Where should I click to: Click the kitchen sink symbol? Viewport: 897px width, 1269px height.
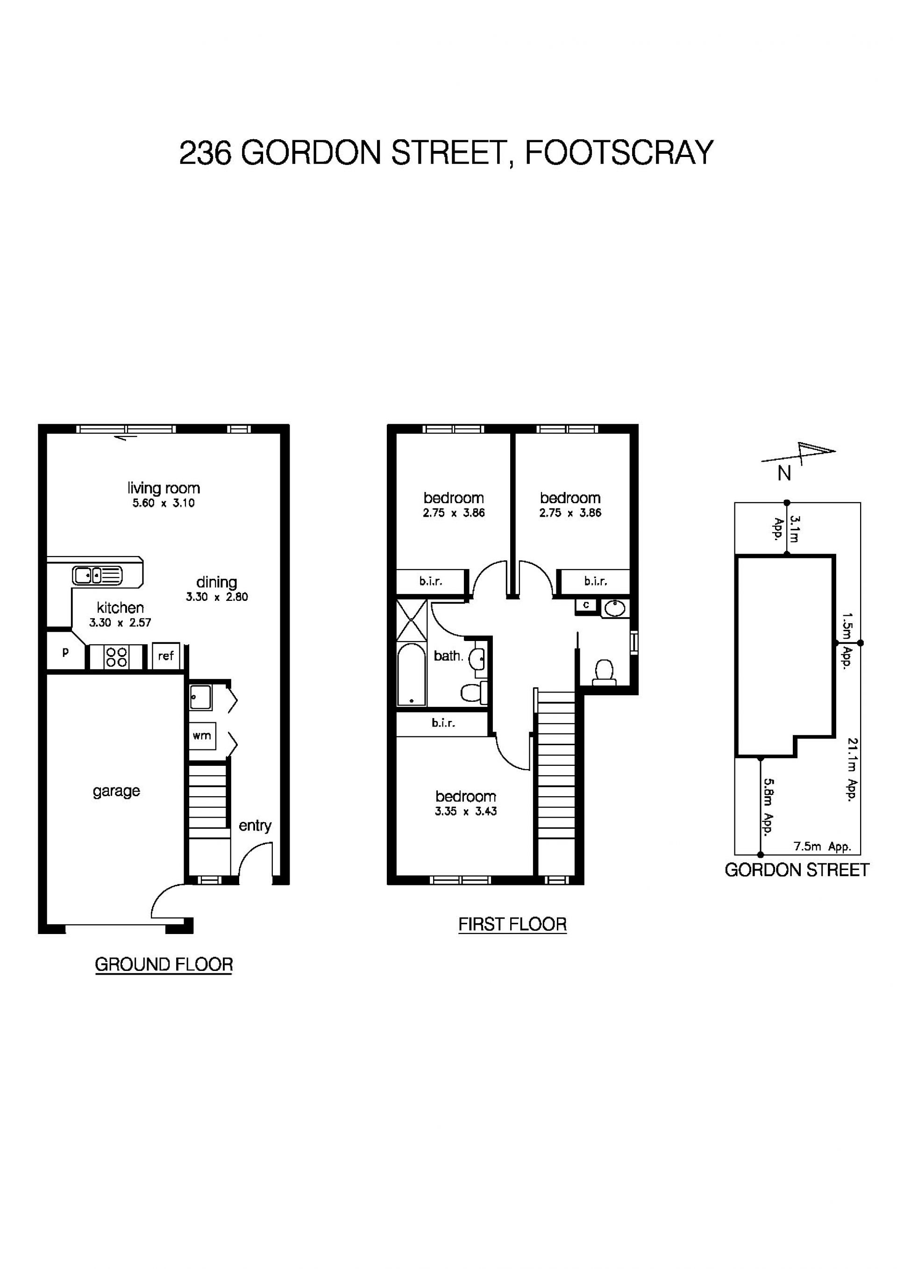pyautogui.click(x=97, y=575)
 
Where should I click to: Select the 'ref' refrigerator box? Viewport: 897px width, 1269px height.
pyautogui.click(x=166, y=656)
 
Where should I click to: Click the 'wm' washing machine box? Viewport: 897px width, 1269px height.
pyautogui.click(x=202, y=735)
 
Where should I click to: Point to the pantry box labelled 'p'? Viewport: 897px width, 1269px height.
pyautogui.click(x=65, y=652)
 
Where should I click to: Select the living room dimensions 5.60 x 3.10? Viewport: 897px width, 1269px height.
pyautogui.click(x=164, y=503)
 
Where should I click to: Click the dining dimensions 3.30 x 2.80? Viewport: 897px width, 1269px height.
pyautogui.click(x=217, y=597)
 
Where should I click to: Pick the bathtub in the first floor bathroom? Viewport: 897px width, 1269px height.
pyautogui.click(x=411, y=674)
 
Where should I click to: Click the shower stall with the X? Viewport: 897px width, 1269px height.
pyautogui.click(x=412, y=620)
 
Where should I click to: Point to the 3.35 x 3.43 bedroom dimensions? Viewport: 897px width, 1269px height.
pyautogui.click(x=466, y=812)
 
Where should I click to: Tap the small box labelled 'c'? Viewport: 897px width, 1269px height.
pyautogui.click(x=586, y=605)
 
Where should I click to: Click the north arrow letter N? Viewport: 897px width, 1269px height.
pyautogui.click(x=784, y=474)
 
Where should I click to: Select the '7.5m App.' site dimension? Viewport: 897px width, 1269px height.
pyautogui.click(x=822, y=846)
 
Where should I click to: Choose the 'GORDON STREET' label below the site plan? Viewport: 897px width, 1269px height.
pyautogui.click(x=797, y=870)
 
